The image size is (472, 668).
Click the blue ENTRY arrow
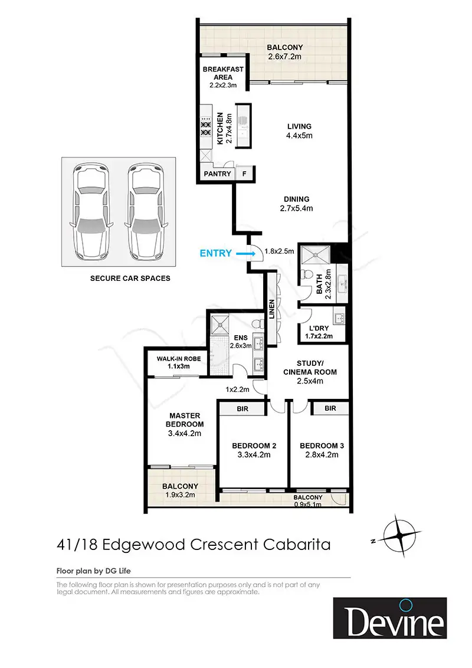pos(243,253)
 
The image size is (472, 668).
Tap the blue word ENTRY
pos(216,253)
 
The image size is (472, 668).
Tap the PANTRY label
pos(217,174)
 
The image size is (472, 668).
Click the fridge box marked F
pos(244,174)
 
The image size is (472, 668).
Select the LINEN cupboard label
pos(272,311)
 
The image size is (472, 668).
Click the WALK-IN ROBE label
pos(179,359)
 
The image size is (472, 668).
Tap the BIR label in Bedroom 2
pos(242,408)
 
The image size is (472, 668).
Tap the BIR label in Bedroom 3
pos(330,408)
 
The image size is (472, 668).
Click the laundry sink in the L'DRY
pos(338,319)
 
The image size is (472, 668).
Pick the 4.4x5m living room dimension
pos(299,136)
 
